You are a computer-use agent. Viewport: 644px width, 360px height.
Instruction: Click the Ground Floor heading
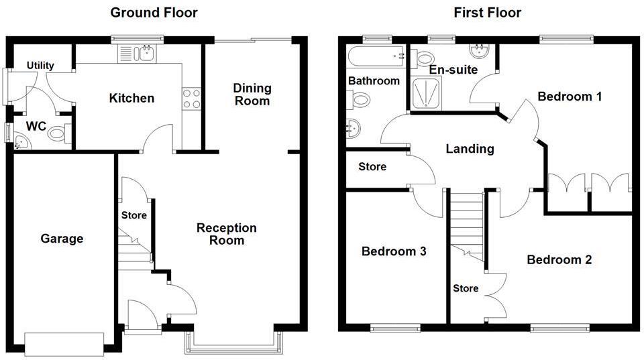[154, 13]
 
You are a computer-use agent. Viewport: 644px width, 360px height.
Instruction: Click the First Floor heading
[487, 13]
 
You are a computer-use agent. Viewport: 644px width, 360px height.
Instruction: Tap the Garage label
[62, 239]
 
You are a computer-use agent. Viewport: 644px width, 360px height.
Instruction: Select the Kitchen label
[131, 99]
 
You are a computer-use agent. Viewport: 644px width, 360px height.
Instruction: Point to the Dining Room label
[252, 95]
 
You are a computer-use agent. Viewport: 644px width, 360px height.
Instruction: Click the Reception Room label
[226, 234]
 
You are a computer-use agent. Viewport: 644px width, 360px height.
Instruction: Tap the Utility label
[40, 66]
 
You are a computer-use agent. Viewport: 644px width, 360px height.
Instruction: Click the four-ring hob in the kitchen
[192, 99]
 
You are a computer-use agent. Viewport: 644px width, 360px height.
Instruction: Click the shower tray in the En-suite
[427, 92]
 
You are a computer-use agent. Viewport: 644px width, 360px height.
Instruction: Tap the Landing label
[470, 149]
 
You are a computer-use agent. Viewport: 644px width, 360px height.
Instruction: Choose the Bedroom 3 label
[394, 251]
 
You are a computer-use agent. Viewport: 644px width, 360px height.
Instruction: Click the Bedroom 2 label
[559, 259]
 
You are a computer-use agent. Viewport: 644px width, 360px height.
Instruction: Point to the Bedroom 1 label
[570, 97]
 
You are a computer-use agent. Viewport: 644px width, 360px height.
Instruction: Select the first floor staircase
[466, 221]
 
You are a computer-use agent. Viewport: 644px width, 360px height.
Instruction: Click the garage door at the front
[64, 344]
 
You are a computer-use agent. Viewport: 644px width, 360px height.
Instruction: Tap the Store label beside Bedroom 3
[372, 166]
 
